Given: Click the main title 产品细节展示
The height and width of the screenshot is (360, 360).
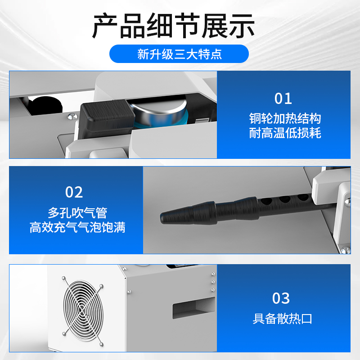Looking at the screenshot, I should pos(173,26).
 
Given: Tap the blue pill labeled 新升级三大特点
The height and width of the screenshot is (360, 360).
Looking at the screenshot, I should pos(179,55).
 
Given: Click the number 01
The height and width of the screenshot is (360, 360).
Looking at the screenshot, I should pos(283,99).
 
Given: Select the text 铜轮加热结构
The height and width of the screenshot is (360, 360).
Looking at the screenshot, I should pos(285,119).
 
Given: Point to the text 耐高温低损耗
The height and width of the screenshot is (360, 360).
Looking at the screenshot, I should pos(285,133).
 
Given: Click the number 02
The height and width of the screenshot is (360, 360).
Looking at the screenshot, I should pos(74,192).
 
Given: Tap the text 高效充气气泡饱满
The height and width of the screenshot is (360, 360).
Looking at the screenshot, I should pos(77,227).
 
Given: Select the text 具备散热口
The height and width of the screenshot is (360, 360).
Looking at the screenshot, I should pos(283,319).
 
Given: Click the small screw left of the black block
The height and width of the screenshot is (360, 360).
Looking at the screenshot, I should pos(71,117).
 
